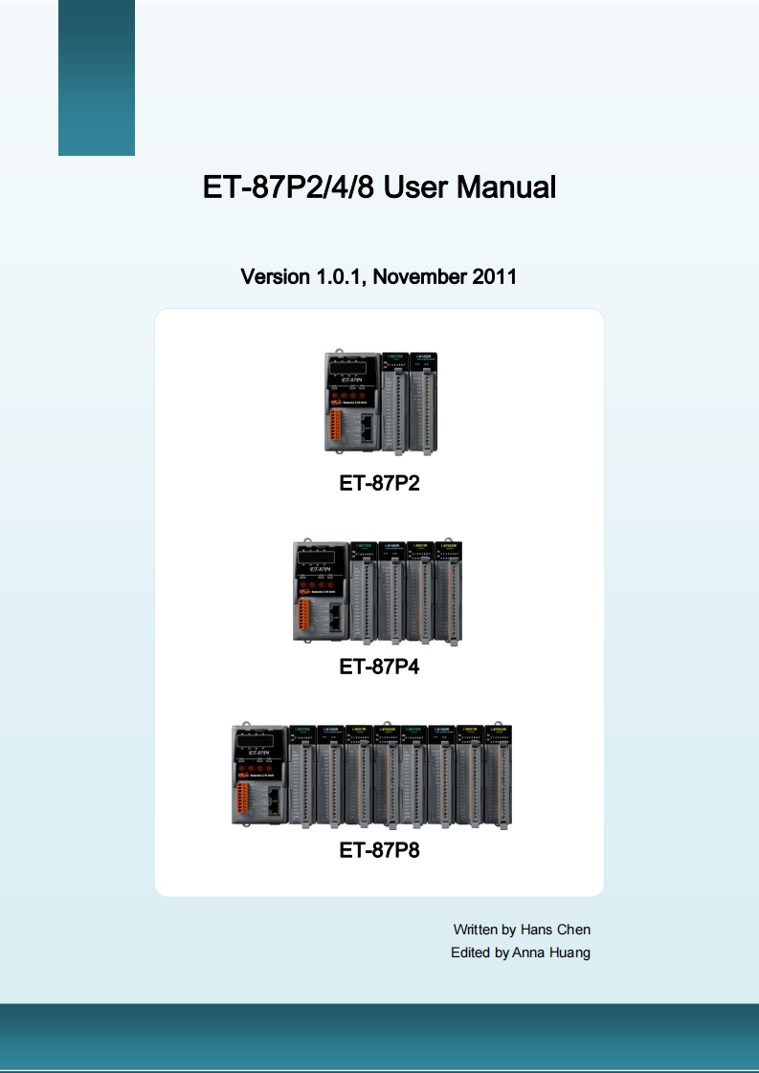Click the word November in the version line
(x=420, y=277)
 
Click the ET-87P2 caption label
(x=379, y=483)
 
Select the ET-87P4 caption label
(x=379, y=667)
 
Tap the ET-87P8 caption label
(x=379, y=848)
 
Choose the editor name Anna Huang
(x=551, y=953)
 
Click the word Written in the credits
(x=475, y=929)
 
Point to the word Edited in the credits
(x=470, y=953)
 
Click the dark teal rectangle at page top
(x=97, y=77)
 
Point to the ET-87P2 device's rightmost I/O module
(x=423, y=402)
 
